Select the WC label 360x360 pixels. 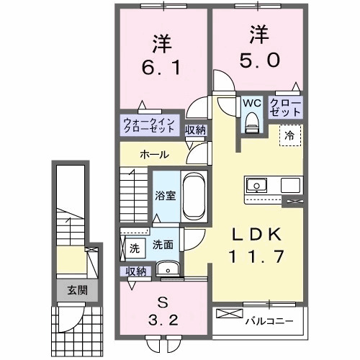pyautogui.click(x=251, y=103)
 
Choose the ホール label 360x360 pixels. pyautogui.click(x=154, y=154)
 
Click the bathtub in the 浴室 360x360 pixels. pyautogui.click(x=194, y=197)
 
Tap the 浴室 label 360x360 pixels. pyautogui.click(x=165, y=196)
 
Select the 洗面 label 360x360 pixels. pyautogui.click(x=161, y=245)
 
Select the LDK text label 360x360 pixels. pyautogui.click(x=250, y=233)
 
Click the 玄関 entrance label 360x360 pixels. pyautogui.click(x=77, y=291)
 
